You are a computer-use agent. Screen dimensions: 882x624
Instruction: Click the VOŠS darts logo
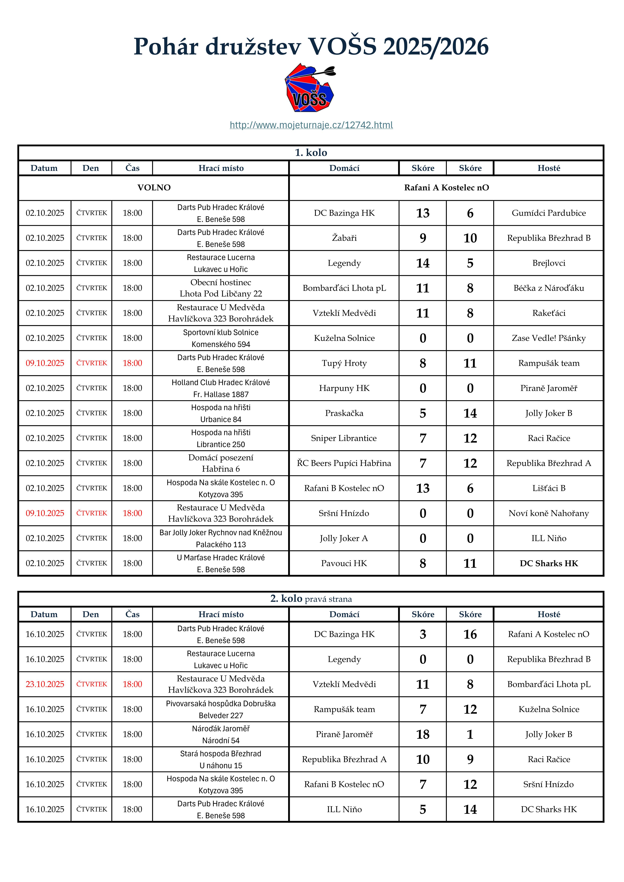click(x=310, y=89)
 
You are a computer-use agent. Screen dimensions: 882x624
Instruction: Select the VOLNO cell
click(x=154, y=187)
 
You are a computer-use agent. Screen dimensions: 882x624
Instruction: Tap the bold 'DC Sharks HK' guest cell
click(x=549, y=563)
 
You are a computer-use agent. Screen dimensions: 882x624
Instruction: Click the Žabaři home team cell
click(x=344, y=238)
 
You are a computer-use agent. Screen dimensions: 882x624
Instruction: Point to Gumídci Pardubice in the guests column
click(x=549, y=213)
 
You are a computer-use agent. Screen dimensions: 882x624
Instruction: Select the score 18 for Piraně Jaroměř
click(x=422, y=734)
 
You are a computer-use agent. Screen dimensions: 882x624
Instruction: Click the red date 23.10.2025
click(x=45, y=684)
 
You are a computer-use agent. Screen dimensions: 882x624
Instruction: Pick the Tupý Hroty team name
click(x=344, y=363)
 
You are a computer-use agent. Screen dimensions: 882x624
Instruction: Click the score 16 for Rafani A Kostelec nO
click(x=470, y=634)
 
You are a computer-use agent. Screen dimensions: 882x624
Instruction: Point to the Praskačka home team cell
click(x=344, y=413)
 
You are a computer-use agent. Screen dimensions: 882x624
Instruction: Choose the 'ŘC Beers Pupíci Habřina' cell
click(x=344, y=463)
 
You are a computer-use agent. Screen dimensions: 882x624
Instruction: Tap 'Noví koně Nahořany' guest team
click(x=549, y=513)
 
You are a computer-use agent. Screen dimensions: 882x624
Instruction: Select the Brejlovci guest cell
click(x=549, y=263)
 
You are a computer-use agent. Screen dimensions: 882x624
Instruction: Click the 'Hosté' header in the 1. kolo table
click(x=549, y=168)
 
